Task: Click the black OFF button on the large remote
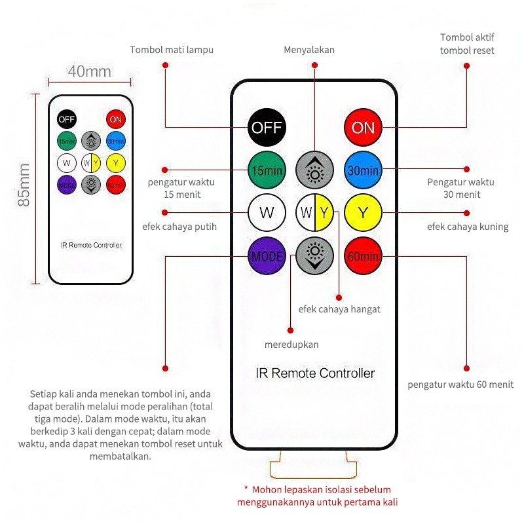267,127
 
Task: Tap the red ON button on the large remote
363,127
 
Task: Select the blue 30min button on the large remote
363,170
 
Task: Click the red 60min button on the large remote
363,256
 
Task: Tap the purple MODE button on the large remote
267,256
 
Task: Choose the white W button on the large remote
267,213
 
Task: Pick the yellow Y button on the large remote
363,213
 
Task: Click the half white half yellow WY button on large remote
314,213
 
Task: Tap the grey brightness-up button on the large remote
314,170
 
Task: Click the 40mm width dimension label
89,71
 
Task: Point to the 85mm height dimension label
24,185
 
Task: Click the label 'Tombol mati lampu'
172,50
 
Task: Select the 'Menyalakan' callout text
309,50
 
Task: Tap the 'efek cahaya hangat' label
339,309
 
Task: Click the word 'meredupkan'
291,345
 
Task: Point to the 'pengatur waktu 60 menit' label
460,384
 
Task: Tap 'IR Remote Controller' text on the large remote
314,373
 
